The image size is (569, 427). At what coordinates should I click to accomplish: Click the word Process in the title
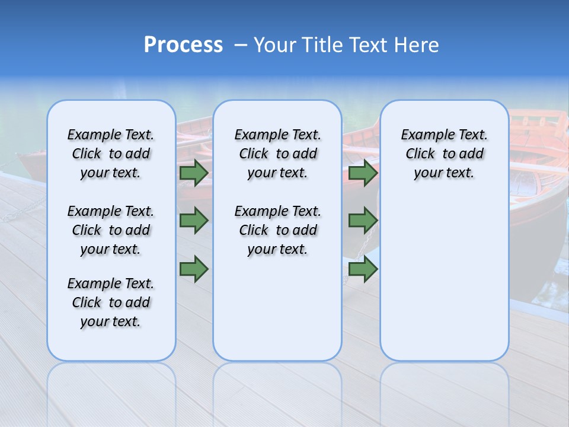coord(183,45)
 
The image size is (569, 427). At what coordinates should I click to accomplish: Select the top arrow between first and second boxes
coord(194,173)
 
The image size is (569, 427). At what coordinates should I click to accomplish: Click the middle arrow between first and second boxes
coord(194,221)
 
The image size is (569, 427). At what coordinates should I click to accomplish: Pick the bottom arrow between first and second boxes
coord(194,269)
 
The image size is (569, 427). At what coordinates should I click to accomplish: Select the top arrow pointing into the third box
coord(363,173)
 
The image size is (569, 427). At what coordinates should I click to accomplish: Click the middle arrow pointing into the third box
coord(363,221)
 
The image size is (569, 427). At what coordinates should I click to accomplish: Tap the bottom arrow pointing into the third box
coord(363,269)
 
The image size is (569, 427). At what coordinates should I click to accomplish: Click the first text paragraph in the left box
coord(111,154)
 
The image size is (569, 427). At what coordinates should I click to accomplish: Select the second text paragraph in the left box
coord(111,230)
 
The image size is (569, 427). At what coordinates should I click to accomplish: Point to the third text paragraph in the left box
coord(111,302)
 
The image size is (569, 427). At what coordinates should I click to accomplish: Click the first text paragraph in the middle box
coord(277,154)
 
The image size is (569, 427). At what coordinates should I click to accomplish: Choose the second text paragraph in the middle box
coord(277,230)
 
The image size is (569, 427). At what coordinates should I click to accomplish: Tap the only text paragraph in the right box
coord(444,154)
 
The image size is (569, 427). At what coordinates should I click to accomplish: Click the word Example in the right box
coord(422,135)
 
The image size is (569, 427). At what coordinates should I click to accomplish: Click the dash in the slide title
coord(241,45)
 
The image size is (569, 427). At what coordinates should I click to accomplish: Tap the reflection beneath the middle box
coord(277,391)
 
